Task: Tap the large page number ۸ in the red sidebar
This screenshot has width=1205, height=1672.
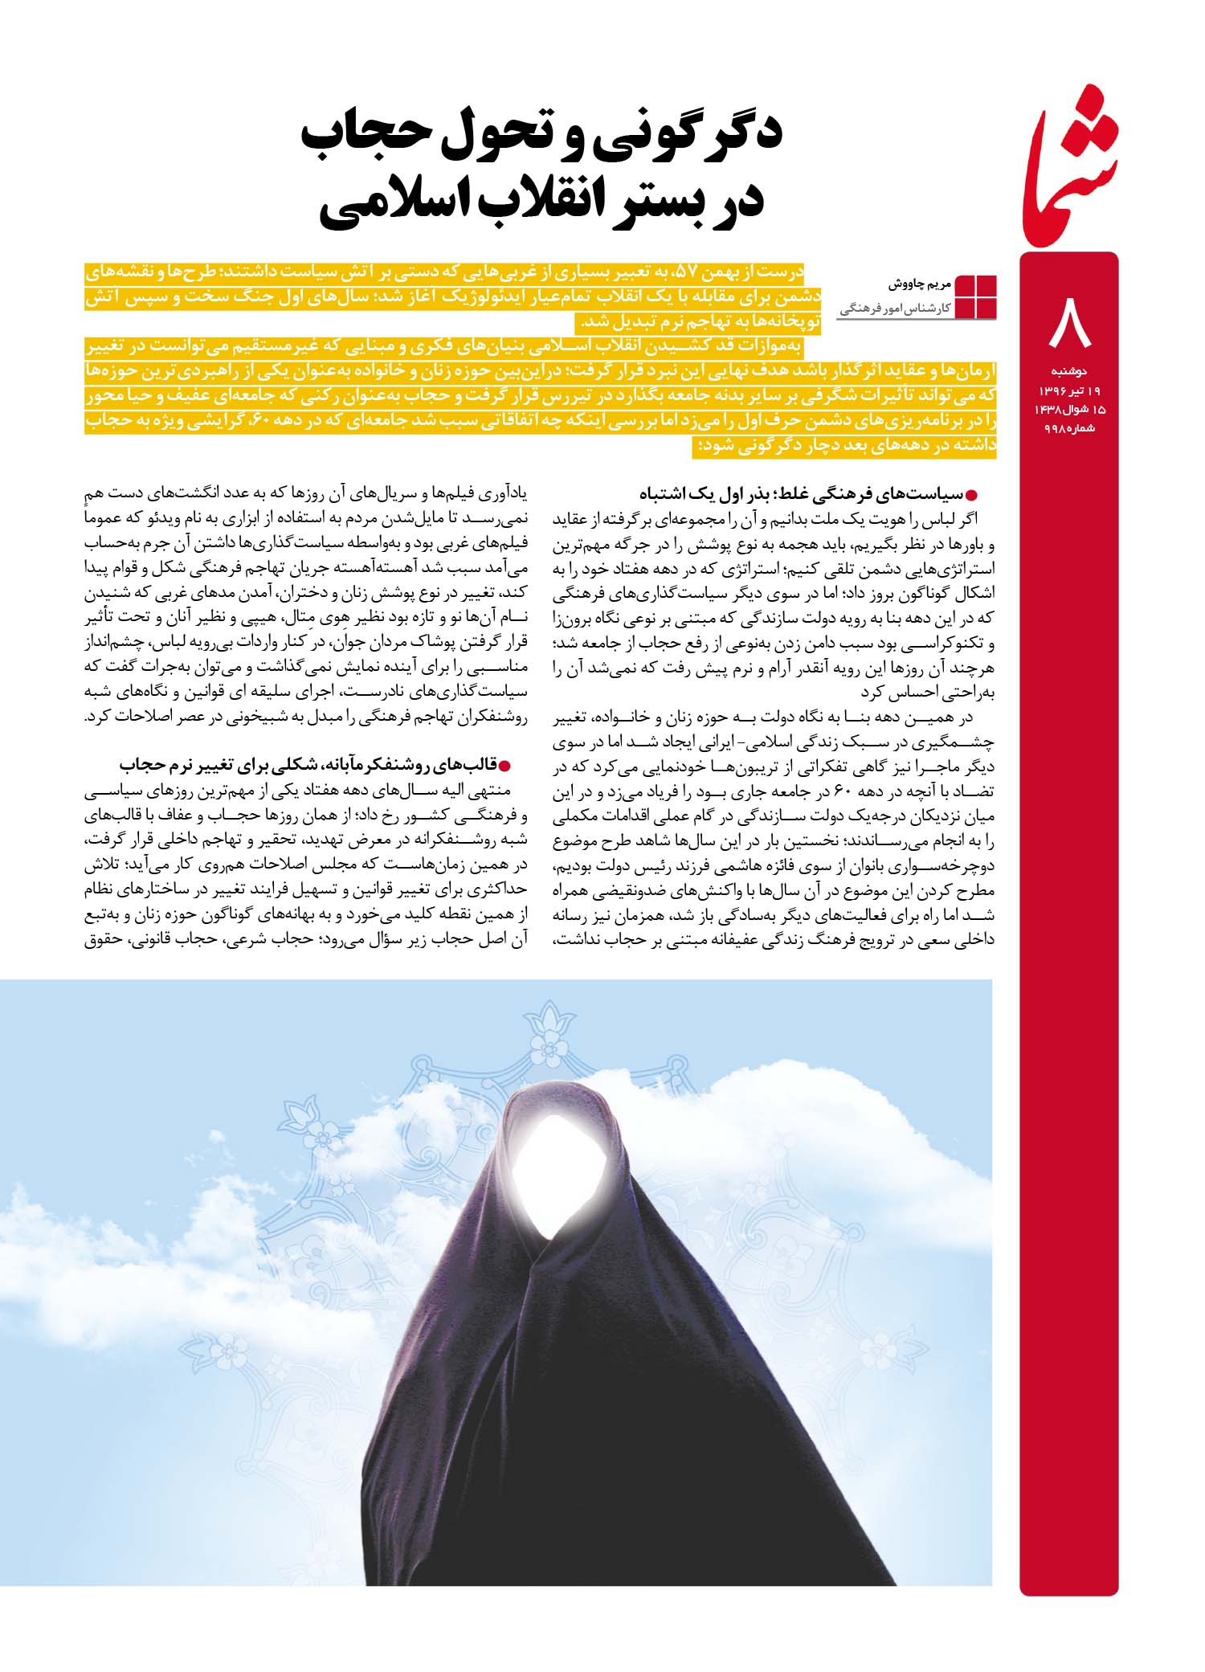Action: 1069,322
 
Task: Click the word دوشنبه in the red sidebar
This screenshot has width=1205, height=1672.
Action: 1068,371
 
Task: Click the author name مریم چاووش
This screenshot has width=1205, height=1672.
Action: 921,284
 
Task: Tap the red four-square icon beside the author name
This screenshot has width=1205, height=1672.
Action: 975,297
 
